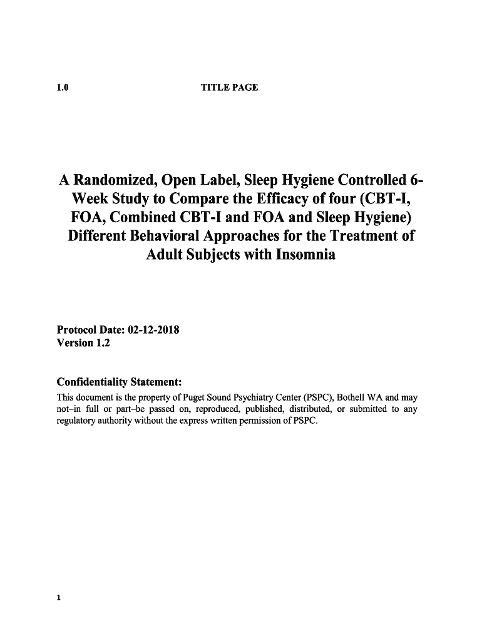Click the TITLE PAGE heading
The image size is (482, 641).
(229, 88)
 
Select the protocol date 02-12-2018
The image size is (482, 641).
(153, 330)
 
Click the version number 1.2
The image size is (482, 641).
(102, 343)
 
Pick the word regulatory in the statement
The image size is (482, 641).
(76, 421)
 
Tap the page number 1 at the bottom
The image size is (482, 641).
(59, 598)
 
